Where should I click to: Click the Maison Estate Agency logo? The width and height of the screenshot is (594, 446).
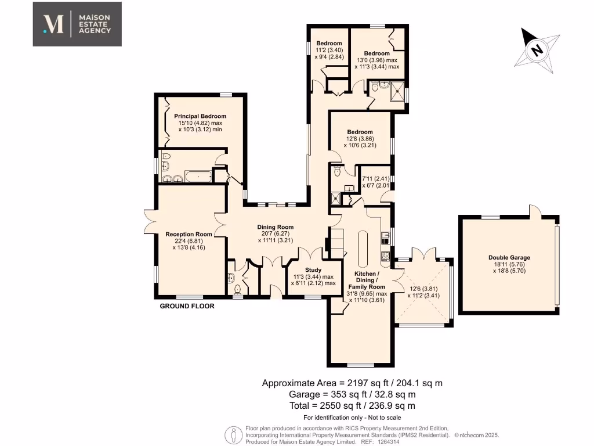tap(77, 24)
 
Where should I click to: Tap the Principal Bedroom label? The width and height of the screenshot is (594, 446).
tap(200, 116)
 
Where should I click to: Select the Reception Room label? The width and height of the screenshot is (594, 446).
tap(186, 234)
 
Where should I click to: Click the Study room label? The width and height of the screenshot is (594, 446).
tap(313, 270)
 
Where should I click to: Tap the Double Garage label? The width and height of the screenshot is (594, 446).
tap(509, 257)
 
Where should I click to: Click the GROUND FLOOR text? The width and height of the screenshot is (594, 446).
tap(187, 306)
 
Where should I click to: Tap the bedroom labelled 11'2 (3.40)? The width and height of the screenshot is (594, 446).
tap(329, 50)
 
